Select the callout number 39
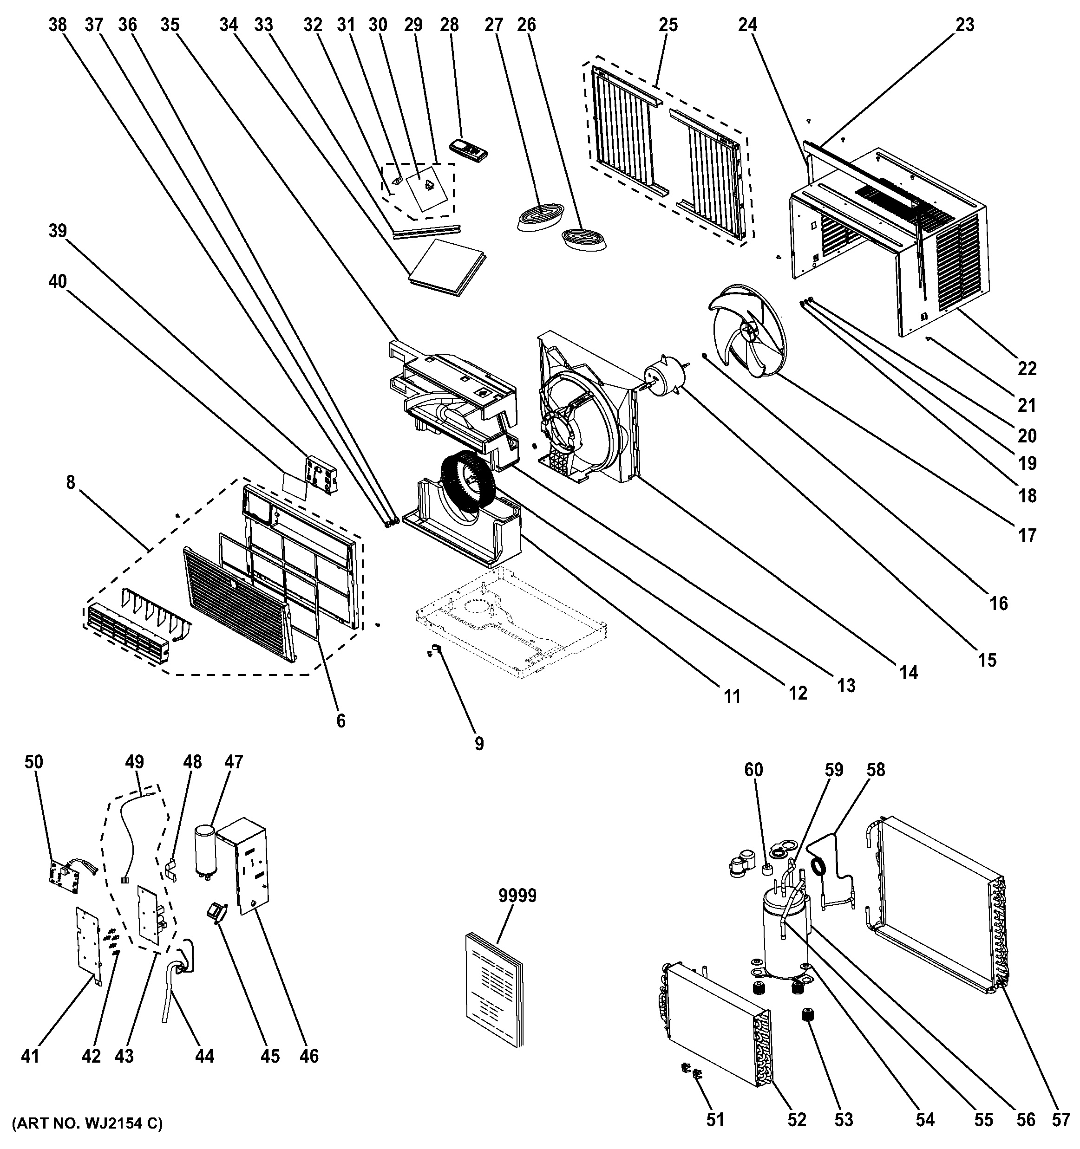pyautogui.click(x=58, y=231)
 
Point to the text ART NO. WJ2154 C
pyautogui.click(x=87, y=1123)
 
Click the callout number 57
pyautogui.click(x=1061, y=1120)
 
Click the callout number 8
pyautogui.click(x=71, y=482)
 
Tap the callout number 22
pyautogui.click(x=1027, y=368)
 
